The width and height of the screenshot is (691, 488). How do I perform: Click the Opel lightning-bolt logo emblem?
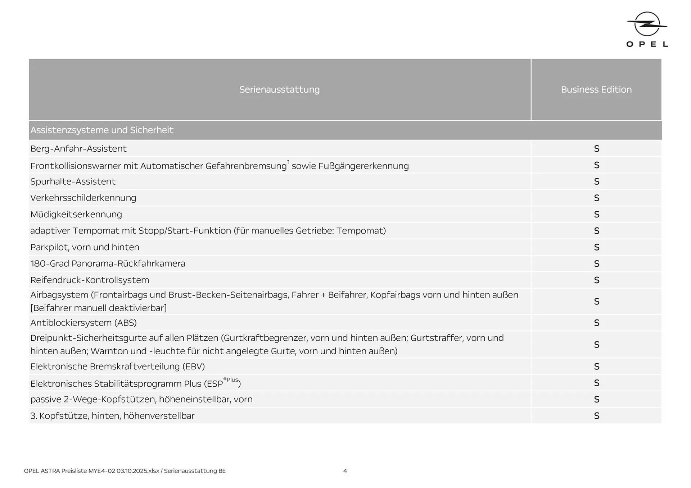[647, 24]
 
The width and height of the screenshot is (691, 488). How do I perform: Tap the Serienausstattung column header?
[279, 89]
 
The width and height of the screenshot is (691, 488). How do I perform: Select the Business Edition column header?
[596, 89]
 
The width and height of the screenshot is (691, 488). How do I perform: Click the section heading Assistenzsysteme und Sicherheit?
[102, 130]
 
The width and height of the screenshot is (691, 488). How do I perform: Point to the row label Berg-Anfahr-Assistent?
[78, 149]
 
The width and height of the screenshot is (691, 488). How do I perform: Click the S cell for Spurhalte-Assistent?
[596, 181]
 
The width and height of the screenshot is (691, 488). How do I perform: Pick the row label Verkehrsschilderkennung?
[83, 198]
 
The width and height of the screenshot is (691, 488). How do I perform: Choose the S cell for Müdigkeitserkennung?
[596, 215]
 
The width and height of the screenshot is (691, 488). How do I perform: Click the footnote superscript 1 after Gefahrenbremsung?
[288, 162]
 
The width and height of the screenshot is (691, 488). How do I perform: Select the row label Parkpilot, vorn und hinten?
[85, 247]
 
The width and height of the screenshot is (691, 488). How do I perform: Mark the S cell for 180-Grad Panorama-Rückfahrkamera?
[596, 264]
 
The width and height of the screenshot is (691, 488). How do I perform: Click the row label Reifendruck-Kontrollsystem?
[90, 280]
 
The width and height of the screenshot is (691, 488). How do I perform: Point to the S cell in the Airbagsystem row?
[596, 301]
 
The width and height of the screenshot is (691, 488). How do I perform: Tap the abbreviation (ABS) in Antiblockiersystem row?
[125, 323]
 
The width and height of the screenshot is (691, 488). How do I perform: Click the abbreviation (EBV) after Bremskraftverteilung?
[193, 367]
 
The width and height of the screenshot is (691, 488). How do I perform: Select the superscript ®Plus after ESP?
[231, 380]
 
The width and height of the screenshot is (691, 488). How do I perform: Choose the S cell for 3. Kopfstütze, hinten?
[596, 416]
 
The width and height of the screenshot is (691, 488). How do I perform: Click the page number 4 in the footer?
[345, 471]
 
